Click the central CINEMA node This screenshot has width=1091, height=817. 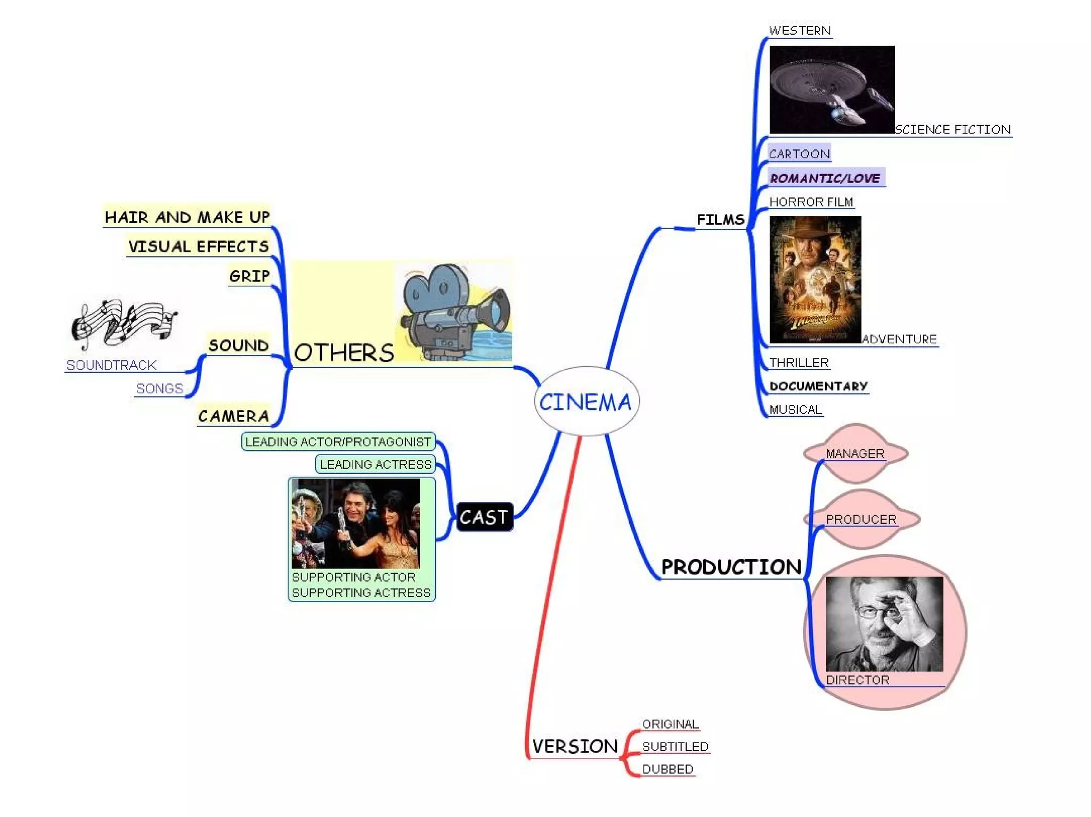point(586,401)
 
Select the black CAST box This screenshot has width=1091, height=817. point(484,517)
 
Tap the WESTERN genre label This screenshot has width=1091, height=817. point(800,31)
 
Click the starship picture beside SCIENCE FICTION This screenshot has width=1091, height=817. point(832,89)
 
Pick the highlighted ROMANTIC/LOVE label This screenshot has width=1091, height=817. point(825,178)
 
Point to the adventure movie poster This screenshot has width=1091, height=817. point(815,279)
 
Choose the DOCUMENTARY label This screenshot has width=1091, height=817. point(818,386)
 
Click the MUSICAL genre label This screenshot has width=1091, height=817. point(795,409)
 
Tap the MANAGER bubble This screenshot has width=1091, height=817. point(855,453)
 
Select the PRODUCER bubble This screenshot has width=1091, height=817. point(861,519)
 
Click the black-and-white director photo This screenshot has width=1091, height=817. point(884,624)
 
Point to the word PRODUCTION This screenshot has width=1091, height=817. point(731,567)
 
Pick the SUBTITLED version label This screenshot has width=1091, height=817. point(675,747)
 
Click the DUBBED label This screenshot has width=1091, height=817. point(667,769)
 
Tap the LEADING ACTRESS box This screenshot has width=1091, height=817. point(376,464)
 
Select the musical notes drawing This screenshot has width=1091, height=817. point(124,320)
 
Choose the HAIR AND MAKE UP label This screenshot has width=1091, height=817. point(187,217)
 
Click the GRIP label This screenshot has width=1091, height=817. point(249,276)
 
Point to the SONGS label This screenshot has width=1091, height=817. point(159,389)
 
